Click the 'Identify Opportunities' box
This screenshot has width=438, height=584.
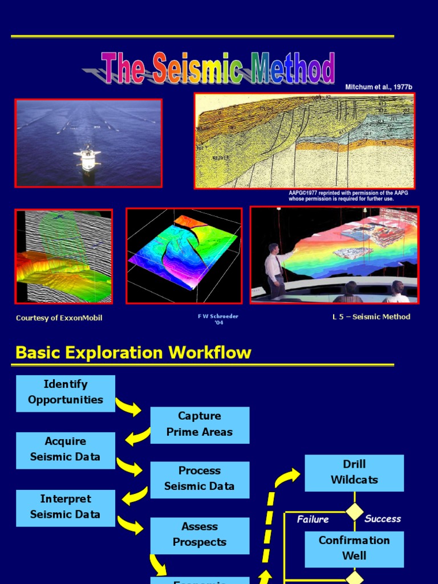pyautogui.click(x=66, y=393)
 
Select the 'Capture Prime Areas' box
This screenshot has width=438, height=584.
pyautogui.click(x=200, y=425)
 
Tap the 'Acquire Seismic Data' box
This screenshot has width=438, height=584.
pyautogui.click(x=66, y=450)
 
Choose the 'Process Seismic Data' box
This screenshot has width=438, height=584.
pyautogui.click(x=200, y=480)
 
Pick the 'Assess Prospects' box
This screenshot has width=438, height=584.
pyautogui.click(x=200, y=536)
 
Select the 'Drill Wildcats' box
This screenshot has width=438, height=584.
pyautogui.click(x=354, y=473)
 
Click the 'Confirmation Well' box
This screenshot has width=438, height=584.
pyautogui.click(x=354, y=549)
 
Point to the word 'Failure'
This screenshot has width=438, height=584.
pyautogui.click(x=313, y=520)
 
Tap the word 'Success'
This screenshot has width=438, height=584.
pyautogui.click(x=383, y=519)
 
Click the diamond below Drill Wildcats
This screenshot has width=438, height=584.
pyautogui.click(x=355, y=512)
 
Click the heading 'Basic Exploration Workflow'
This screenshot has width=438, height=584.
pyautogui.click(x=133, y=352)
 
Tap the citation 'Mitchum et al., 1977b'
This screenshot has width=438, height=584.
pyautogui.click(x=378, y=87)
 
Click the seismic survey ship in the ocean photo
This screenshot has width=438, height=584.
pyautogui.click(x=87, y=159)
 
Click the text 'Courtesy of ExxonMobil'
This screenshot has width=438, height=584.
pyautogui.click(x=59, y=318)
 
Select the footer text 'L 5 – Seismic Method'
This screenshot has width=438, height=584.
pyautogui.click(x=371, y=317)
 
